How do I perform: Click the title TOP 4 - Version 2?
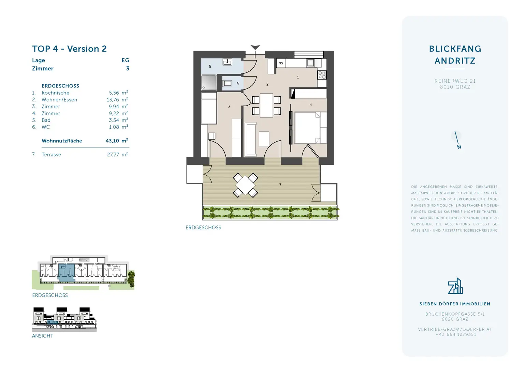click(69, 49)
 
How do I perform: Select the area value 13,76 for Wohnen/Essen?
click(113, 100)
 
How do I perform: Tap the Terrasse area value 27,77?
click(113, 155)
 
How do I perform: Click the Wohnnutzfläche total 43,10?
click(113, 141)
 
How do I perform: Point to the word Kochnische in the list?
click(55, 93)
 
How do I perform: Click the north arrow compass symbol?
click(457, 139)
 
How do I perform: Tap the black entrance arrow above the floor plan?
click(255, 47)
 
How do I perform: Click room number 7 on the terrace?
click(280, 185)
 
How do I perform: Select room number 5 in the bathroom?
click(210, 67)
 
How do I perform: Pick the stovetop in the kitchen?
click(322, 75)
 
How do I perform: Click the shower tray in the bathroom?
click(208, 83)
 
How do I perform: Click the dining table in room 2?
click(266, 105)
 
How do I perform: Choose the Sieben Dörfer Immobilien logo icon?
click(455, 286)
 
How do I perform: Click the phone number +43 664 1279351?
click(456, 335)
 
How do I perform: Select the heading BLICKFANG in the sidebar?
click(455, 49)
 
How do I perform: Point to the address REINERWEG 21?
click(455, 81)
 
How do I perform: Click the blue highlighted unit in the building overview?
click(67, 272)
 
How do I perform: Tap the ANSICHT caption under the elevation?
click(43, 336)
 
